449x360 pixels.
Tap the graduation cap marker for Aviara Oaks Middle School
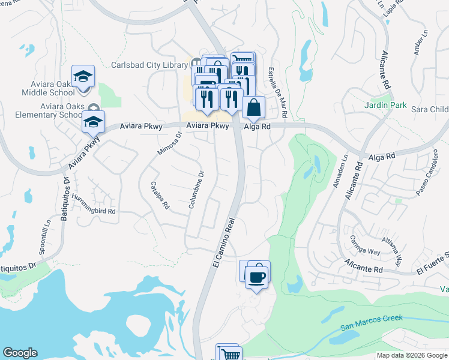click(83, 77)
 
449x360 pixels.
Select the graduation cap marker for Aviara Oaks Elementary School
click(93, 122)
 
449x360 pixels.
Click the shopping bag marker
click(254, 107)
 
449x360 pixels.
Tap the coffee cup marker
click(258, 277)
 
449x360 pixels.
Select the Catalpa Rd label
click(159, 195)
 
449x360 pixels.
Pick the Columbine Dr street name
click(196, 190)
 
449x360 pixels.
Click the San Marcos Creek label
click(372, 322)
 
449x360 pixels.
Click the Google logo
click(20, 353)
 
